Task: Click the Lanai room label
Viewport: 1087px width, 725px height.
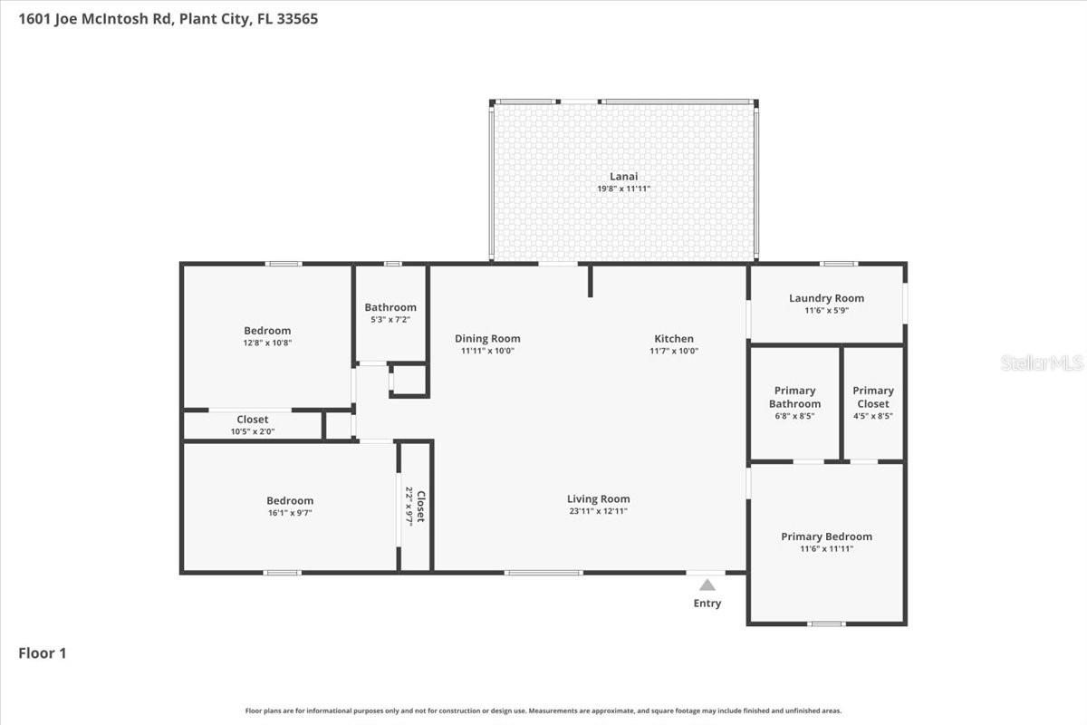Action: tap(623, 177)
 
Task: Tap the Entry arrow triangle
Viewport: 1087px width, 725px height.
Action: tap(707, 585)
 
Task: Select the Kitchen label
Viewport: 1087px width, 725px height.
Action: tap(674, 339)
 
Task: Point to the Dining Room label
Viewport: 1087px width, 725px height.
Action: tap(487, 339)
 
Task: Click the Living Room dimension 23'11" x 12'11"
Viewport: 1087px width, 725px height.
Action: tap(598, 511)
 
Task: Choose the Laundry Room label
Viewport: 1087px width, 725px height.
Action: tap(826, 298)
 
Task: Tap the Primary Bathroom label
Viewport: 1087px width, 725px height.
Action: tap(794, 397)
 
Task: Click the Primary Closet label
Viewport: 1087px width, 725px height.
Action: tap(873, 397)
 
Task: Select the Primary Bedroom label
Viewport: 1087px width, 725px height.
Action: tap(826, 536)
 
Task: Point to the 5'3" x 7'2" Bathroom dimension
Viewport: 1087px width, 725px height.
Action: tap(390, 320)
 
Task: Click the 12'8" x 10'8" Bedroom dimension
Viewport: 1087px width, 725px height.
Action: tap(267, 343)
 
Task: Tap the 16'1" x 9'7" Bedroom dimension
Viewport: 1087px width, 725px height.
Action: tap(290, 513)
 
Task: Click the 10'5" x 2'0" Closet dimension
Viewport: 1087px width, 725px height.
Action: tap(253, 431)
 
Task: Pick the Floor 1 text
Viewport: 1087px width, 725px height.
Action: tap(43, 652)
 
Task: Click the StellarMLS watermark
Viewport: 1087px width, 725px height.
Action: tap(1042, 363)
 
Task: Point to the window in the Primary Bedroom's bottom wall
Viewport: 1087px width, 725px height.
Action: tap(826, 623)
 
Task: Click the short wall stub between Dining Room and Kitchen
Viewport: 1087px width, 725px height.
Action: tap(591, 281)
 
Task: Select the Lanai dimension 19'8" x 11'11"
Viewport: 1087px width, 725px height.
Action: tap(623, 188)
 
